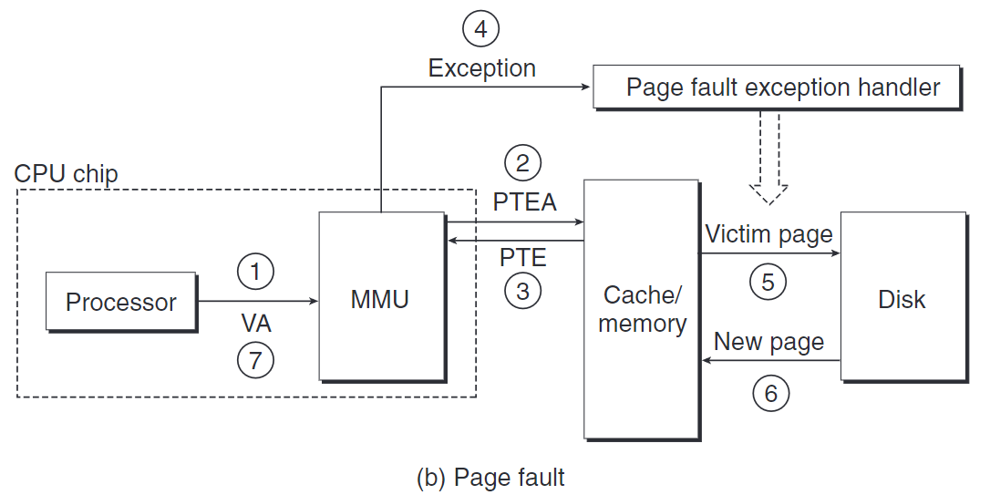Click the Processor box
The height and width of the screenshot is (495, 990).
121,302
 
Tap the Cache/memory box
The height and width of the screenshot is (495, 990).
642,309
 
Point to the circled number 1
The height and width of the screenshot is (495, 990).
255,270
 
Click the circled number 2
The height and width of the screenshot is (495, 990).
522,164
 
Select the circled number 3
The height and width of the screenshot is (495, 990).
522,291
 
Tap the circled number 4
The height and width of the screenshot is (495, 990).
481,30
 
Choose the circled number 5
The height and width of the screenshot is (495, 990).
768,282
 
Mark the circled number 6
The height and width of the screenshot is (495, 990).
770,393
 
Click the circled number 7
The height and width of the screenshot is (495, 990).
255,361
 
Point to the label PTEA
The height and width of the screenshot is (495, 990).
524,201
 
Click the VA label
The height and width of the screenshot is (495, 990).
256,323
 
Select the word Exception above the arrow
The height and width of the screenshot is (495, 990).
481,68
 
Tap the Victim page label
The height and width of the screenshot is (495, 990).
768,234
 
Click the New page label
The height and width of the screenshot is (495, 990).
768,342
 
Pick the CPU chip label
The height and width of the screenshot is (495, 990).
67,173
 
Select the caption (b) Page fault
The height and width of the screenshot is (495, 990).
490,477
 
